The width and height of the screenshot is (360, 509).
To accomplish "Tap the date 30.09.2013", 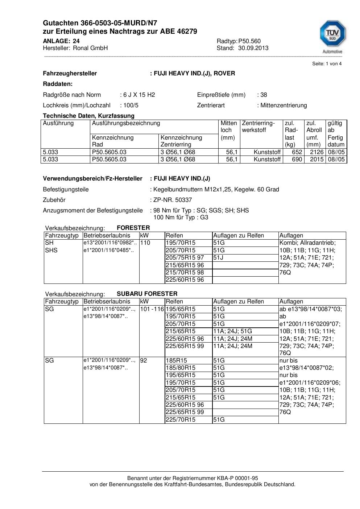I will tap(253, 48).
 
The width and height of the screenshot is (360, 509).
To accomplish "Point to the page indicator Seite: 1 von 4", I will tap(327, 64).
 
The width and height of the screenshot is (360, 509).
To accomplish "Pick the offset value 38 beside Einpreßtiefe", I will tap(264, 95).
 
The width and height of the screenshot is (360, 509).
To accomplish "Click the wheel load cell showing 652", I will tap(297, 152).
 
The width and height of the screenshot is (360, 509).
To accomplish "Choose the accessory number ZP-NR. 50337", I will tap(173, 200).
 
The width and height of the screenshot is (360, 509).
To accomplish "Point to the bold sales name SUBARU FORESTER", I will tap(147, 294).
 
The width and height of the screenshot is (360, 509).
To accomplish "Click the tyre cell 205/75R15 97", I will tap(185, 258).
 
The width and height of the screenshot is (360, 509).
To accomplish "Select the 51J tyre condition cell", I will tap(218, 258).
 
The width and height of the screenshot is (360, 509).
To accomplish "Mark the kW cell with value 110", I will tap(145, 243).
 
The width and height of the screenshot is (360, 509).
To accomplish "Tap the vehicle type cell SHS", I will tap(51, 251).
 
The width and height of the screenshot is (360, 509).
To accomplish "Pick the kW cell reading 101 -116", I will tap(152, 309).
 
